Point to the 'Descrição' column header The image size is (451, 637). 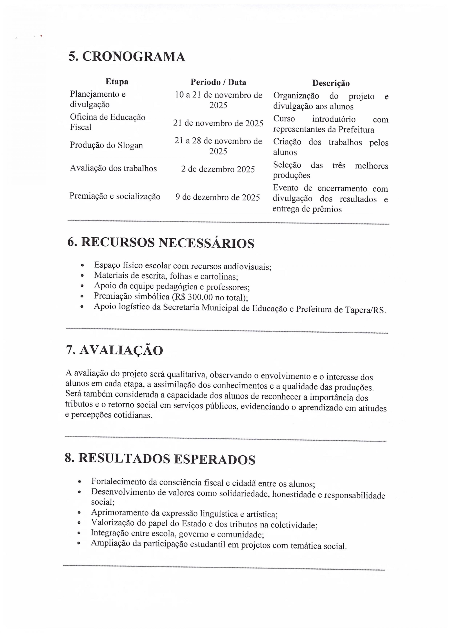pyautogui.click(x=331, y=83)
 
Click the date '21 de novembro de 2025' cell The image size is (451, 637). pyautogui.click(x=218, y=123)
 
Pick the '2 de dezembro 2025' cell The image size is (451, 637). pyautogui.click(x=218, y=169)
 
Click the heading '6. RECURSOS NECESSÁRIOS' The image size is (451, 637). pyautogui.click(x=161, y=243)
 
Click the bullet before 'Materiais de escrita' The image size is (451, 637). pyautogui.click(x=82, y=276)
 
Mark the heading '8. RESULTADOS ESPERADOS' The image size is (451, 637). pyautogui.click(x=160, y=459)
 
